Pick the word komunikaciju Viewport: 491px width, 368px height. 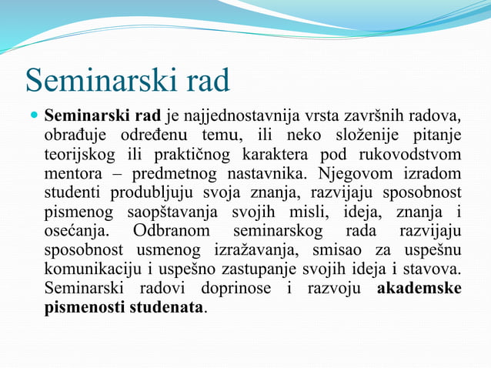93,269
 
